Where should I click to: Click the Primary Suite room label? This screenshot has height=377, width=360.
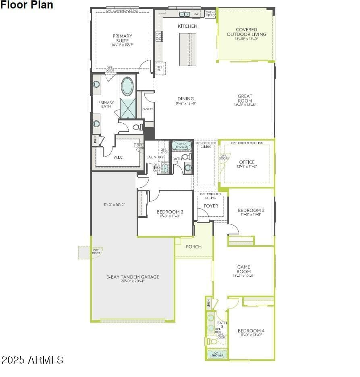click(123, 38)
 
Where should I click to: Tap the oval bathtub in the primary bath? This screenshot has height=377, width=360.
click(127, 86)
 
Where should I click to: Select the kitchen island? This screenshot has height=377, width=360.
click(188, 49)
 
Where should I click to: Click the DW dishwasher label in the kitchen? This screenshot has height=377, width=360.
click(196, 14)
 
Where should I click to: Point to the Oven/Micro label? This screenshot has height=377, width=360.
click(210, 14)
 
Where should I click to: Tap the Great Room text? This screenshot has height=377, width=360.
click(245, 99)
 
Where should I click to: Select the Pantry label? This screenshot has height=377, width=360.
click(148, 109)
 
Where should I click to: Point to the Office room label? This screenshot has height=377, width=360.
click(247, 162)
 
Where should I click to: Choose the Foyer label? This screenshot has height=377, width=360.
click(211, 206)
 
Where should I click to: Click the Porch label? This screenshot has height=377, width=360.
click(194, 246)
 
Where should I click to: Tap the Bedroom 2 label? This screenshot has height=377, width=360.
click(170, 212)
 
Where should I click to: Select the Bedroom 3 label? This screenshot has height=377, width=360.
click(251, 210)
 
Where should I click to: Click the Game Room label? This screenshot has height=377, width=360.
click(243, 269)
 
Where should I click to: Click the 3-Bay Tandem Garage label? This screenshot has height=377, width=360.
click(133, 277)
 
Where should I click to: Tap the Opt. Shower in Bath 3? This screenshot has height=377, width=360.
click(217, 354)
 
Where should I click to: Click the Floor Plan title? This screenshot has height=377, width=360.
click(27, 5)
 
